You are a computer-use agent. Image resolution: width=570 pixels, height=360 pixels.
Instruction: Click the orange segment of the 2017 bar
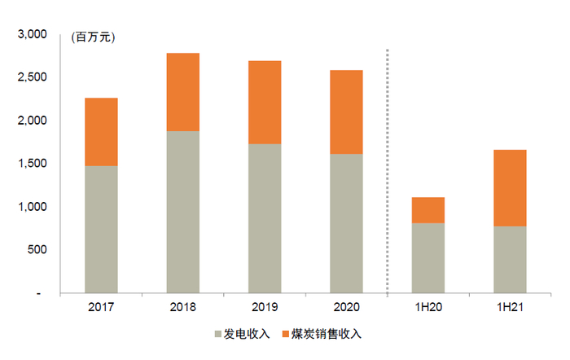point(101,132)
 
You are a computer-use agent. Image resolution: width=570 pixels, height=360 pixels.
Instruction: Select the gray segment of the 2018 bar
point(183,212)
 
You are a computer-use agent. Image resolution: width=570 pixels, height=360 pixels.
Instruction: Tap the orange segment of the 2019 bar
point(265,103)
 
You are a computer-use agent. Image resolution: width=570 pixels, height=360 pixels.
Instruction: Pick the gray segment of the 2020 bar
point(346,223)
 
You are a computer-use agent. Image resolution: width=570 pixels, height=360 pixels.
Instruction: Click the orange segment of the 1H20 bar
point(427,210)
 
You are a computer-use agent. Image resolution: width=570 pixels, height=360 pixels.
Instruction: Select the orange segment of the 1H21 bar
point(510,188)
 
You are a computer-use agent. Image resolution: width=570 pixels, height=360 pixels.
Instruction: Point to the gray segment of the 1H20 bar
point(427,257)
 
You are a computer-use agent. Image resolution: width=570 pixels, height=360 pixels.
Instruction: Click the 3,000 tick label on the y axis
point(33,35)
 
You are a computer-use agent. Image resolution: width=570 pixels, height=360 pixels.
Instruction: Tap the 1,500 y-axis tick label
point(33,164)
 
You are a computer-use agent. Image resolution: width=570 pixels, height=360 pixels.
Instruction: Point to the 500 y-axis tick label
point(39,250)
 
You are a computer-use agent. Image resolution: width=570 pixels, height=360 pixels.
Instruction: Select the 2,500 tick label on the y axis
point(33,77)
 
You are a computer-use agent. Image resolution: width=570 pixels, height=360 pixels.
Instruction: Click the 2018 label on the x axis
point(183,309)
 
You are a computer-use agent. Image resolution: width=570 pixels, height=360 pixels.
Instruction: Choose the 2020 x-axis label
point(346,309)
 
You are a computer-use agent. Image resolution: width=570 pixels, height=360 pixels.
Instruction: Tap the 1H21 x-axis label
point(510,309)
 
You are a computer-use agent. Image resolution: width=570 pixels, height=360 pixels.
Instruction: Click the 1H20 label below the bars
point(427,309)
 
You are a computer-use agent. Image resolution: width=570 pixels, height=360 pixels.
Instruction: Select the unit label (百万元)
point(94,37)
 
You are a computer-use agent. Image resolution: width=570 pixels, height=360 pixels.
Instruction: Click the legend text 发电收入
point(244,334)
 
